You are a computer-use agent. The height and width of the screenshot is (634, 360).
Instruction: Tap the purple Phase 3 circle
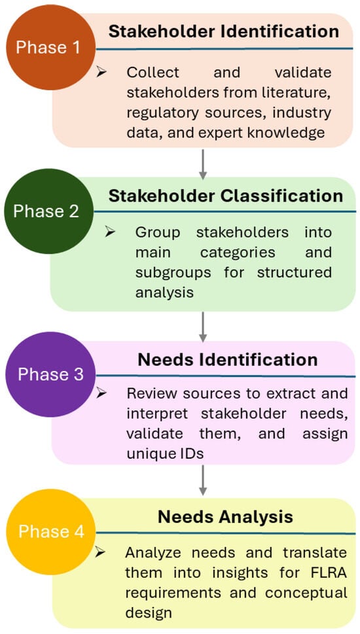click(x=50, y=374)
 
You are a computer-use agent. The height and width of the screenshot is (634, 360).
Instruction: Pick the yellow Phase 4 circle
click(x=51, y=532)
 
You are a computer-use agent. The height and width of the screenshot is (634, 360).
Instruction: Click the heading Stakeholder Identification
click(x=224, y=31)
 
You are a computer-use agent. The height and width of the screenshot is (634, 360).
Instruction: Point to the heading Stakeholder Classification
click(x=226, y=196)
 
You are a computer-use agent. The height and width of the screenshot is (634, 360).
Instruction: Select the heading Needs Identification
click(x=228, y=360)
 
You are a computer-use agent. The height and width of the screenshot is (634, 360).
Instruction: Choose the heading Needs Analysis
click(x=225, y=517)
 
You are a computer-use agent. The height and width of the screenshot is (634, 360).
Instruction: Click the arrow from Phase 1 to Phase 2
click(x=203, y=164)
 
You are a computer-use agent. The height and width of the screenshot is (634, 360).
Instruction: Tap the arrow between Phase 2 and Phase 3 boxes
click(x=203, y=326)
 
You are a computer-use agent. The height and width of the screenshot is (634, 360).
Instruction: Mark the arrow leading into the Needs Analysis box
click(x=203, y=480)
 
